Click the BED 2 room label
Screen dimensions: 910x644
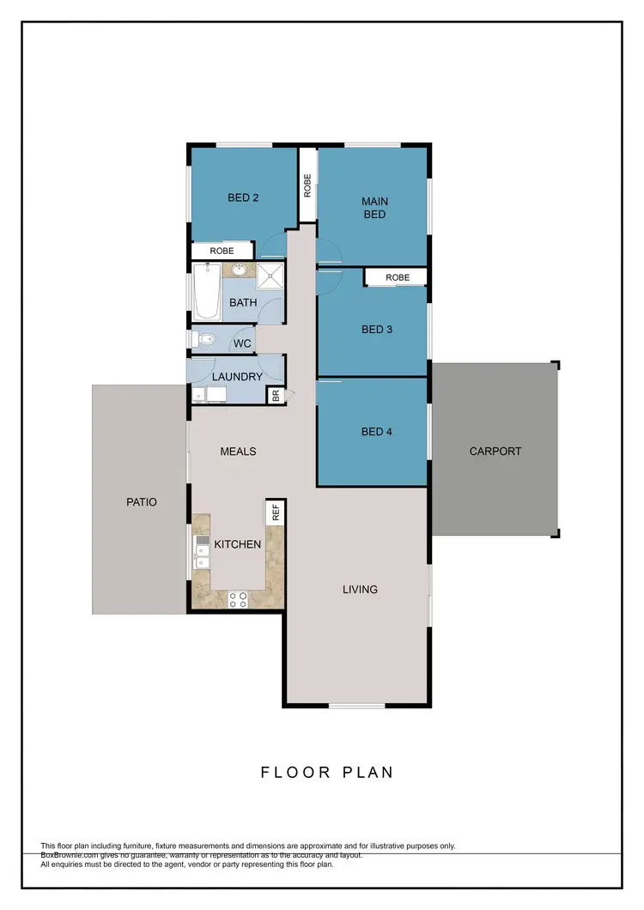click(x=243, y=197)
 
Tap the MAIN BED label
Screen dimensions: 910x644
click(x=375, y=209)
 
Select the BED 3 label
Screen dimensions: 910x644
click(x=377, y=330)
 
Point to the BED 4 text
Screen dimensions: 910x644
click(x=377, y=432)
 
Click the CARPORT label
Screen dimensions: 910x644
click(x=495, y=451)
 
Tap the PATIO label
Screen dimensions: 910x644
click(x=142, y=502)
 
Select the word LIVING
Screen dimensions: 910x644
click(x=360, y=589)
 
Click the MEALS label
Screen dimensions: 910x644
click(x=239, y=451)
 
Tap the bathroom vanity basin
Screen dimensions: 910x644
click(x=238, y=271)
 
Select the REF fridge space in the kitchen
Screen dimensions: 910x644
click(x=276, y=513)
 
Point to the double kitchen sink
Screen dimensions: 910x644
click(x=201, y=553)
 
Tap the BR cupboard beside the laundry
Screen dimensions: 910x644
click(x=276, y=396)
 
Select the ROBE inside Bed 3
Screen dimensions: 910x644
click(x=397, y=277)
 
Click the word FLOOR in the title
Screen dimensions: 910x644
click(x=295, y=772)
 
